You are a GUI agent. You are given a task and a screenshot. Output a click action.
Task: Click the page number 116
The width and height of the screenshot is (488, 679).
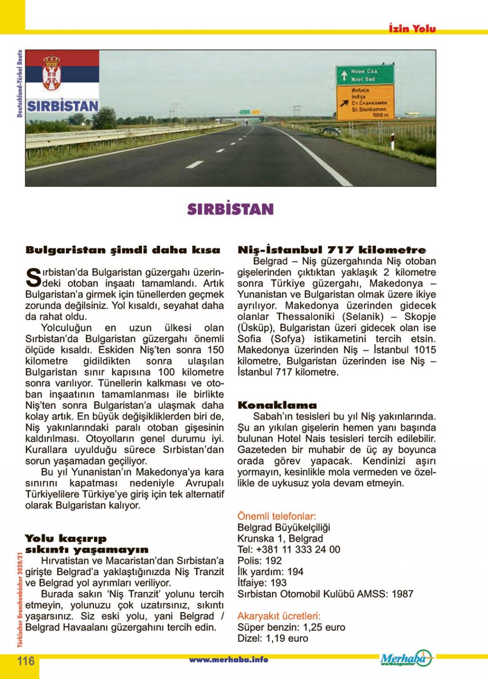point(26,661)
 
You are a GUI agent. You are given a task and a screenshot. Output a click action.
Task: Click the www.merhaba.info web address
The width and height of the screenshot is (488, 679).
point(228,660)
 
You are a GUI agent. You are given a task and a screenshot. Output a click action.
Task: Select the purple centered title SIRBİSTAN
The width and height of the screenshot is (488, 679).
point(230,210)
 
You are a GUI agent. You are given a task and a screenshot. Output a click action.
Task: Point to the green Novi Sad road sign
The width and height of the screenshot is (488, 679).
point(365,75)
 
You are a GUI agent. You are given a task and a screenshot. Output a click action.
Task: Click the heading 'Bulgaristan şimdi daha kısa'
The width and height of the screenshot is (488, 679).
point(123,250)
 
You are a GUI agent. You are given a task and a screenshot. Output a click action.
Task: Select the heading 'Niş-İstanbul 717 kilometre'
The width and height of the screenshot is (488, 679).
point(332,250)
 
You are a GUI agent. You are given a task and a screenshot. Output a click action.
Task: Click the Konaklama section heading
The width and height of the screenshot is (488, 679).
point(277,406)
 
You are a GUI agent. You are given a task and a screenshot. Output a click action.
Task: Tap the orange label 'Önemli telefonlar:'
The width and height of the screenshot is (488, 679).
point(276,516)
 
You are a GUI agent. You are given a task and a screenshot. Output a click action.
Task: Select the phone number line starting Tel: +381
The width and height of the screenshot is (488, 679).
point(289,549)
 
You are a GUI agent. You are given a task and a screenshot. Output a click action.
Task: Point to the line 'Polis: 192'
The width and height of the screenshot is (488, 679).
point(260,560)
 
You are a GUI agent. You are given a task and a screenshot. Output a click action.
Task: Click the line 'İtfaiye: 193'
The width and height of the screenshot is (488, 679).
point(262,583)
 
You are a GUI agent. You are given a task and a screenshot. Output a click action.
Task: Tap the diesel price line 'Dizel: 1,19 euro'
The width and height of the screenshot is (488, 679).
point(273,638)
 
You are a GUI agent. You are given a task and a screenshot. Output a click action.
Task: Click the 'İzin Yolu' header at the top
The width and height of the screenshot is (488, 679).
point(412,29)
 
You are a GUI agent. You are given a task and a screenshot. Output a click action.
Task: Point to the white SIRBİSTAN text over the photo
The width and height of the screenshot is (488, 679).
point(62,106)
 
